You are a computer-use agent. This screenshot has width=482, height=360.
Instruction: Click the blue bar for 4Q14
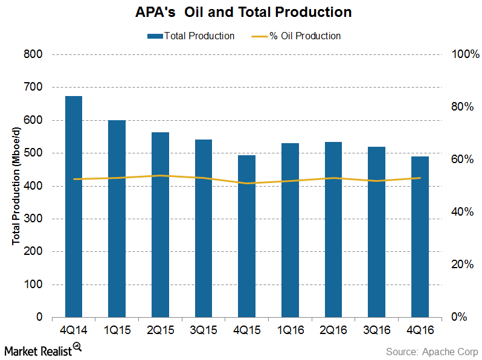click(74, 207)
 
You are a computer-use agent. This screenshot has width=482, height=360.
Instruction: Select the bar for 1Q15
click(117, 219)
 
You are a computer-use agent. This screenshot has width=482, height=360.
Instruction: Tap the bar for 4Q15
click(246, 236)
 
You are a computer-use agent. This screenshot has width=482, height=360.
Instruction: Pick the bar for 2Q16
click(333, 230)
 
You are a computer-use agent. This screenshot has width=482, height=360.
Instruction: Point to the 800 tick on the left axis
click(34, 54)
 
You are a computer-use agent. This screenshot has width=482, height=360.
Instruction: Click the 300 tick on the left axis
click(34, 219)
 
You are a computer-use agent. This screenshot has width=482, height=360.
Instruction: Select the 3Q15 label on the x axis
click(204, 332)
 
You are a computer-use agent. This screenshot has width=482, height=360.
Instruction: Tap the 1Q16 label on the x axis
click(290, 332)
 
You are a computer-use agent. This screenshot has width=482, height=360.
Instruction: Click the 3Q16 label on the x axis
click(376, 332)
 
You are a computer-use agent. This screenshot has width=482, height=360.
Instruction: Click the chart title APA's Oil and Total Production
click(241, 12)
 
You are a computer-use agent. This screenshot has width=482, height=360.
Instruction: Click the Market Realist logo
click(42, 349)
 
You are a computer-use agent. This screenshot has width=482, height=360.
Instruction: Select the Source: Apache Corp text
click(432, 351)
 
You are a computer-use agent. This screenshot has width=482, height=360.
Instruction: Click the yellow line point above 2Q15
click(160, 176)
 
